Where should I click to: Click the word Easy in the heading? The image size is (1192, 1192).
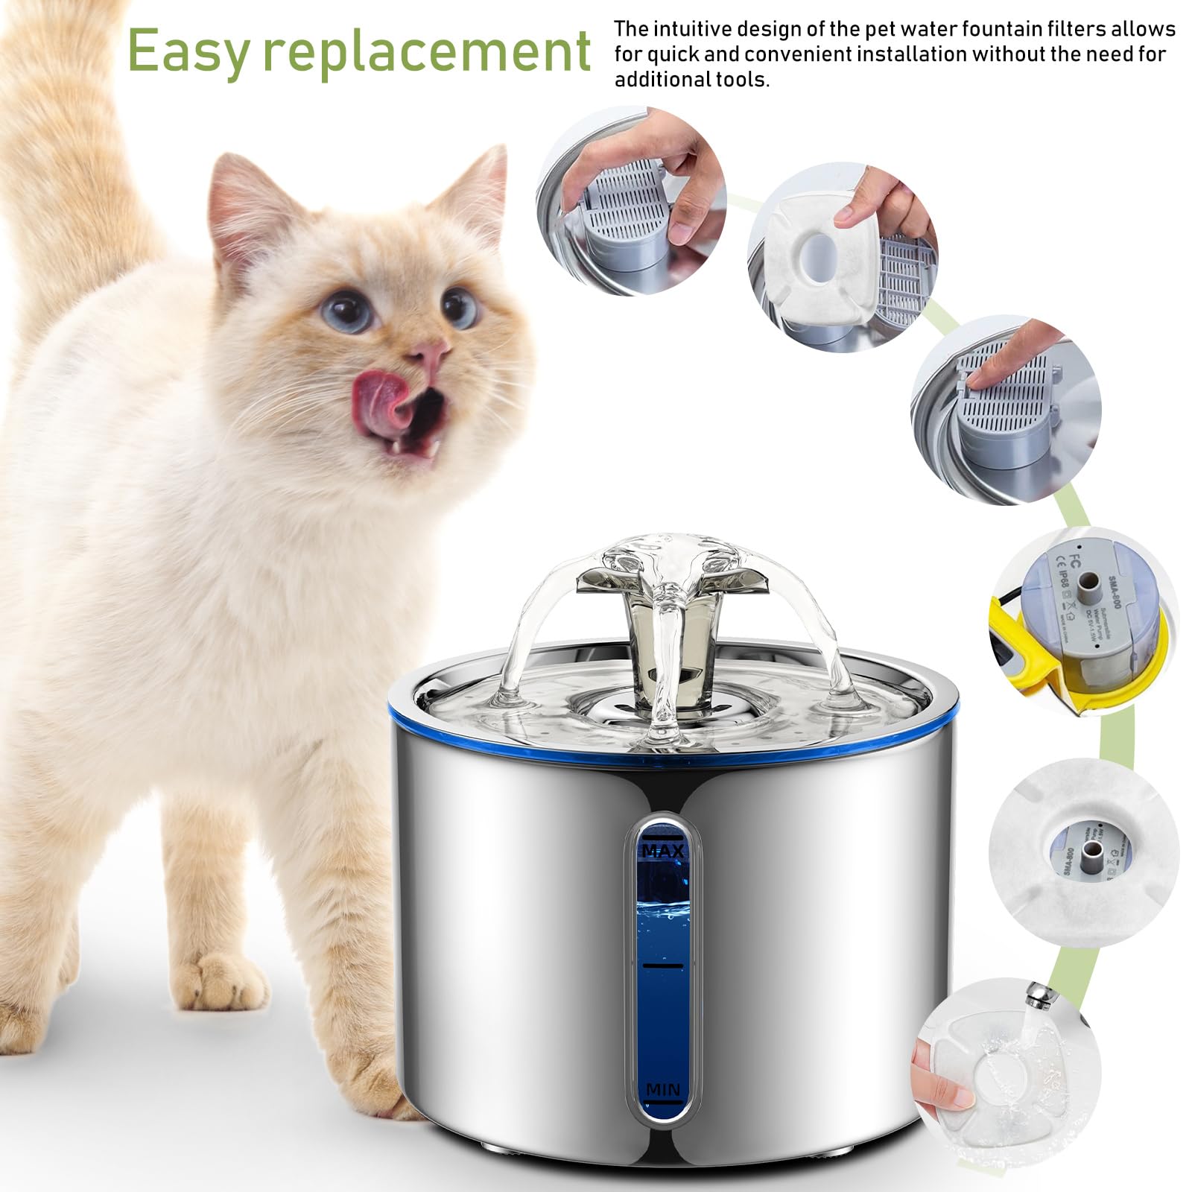click(188, 51)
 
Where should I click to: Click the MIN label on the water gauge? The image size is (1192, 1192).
click(662, 1089)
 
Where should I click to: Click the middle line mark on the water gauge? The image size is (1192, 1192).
click(662, 966)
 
